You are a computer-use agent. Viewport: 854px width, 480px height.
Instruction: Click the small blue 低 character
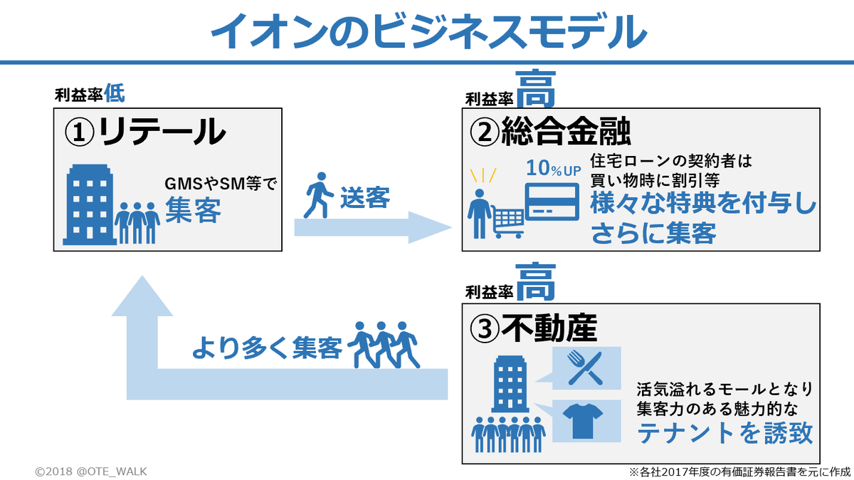click(115, 92)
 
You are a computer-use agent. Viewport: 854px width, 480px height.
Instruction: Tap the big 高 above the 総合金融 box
click(535, 89)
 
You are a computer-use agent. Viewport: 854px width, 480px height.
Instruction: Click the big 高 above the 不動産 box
click(535, 282)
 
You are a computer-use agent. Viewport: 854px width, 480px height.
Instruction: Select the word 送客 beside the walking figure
click(364, 197)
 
